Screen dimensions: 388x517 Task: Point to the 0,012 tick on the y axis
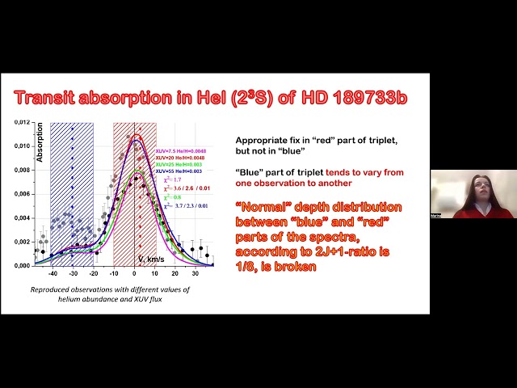tap(21, 122)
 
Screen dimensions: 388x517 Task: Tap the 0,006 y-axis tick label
tap(21, 193)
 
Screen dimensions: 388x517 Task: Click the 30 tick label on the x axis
tap(195, 272)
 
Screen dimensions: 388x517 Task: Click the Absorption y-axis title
tap(39, 142)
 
